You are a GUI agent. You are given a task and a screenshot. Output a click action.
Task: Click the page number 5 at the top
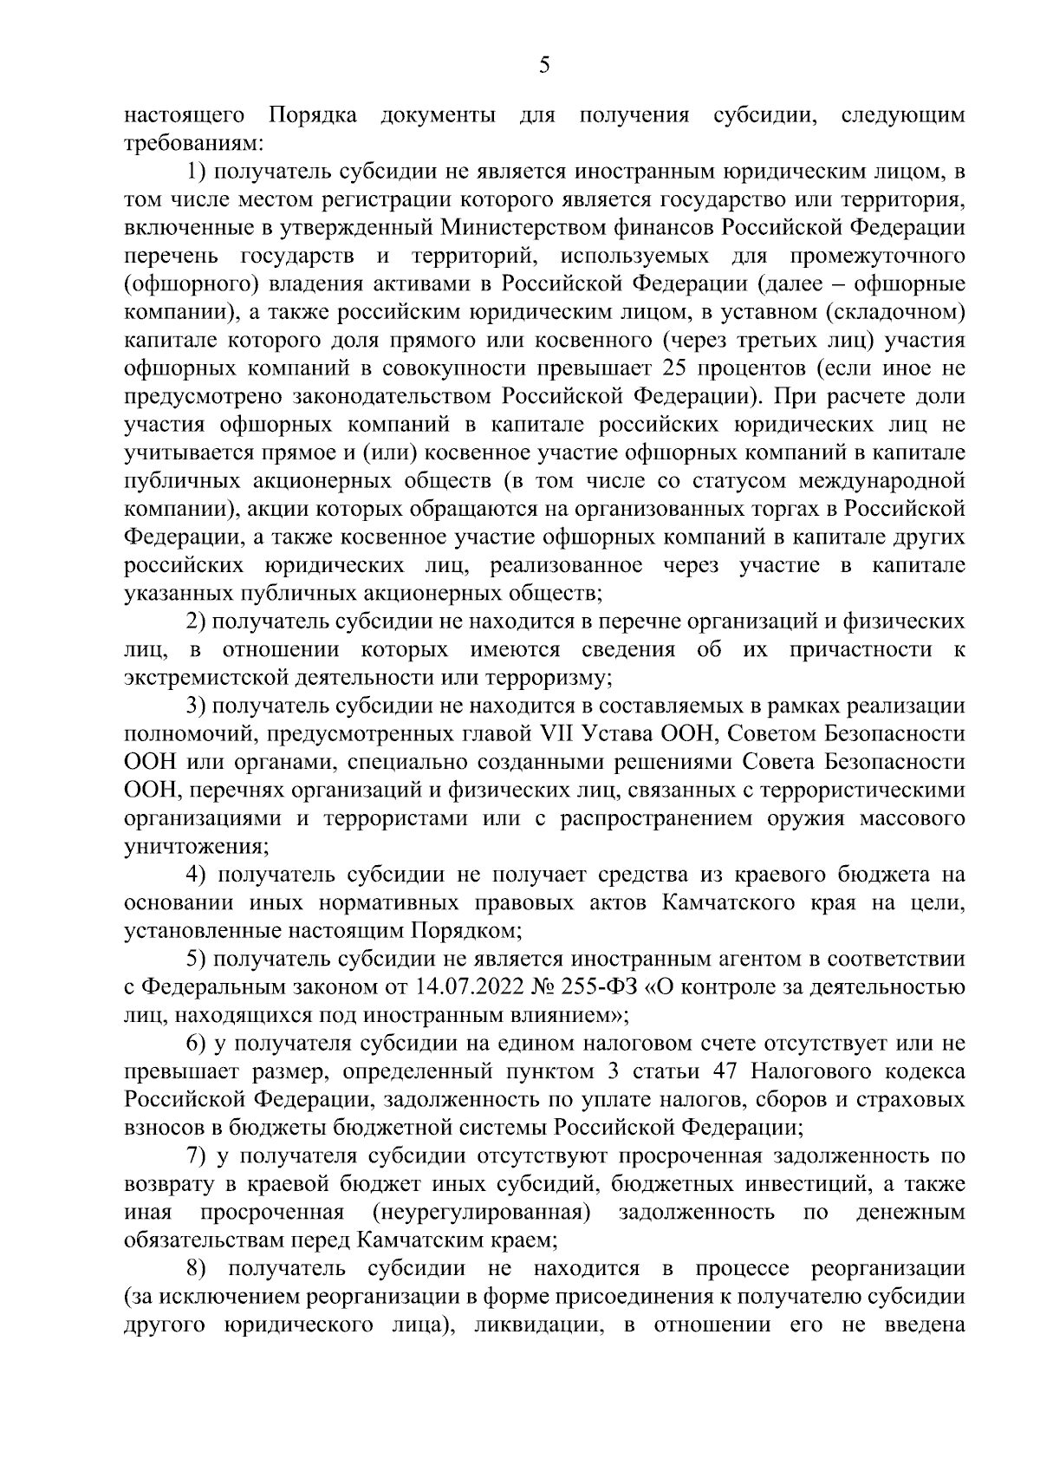[x=544, y=66]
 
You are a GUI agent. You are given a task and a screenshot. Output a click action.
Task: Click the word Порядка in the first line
[x=313, y=116]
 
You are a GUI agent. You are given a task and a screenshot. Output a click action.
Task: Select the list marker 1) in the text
[x=196, y=172]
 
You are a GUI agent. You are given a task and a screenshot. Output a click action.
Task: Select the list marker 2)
[x=196, y=622]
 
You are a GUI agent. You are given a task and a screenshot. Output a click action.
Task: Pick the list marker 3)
[x=196, y=706]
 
